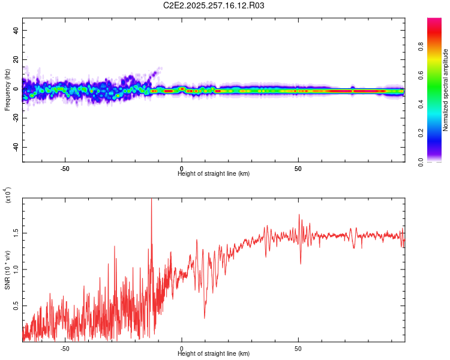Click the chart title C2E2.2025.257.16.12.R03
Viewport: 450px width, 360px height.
pyautogui.click(x=214, y=5)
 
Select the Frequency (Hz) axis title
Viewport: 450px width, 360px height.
pyautogui.click(x=7, y=89)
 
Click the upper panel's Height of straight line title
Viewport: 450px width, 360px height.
pyautogui.click(x=214, y=173)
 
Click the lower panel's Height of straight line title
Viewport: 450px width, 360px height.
pyautogui.click(x=214, y=353)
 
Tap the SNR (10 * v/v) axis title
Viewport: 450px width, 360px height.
pyautogui.click(x=7, y=270)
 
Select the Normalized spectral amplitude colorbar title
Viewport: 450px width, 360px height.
pyautogui.click(x=445, y=90)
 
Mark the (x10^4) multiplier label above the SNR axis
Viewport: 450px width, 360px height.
pyautogui.click(x=8, y=195)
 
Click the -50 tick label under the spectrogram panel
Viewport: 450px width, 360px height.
pyautogui.click(x=65, y=169)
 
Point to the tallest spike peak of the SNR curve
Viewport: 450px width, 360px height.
pyautogui.click(x=151, y=200)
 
